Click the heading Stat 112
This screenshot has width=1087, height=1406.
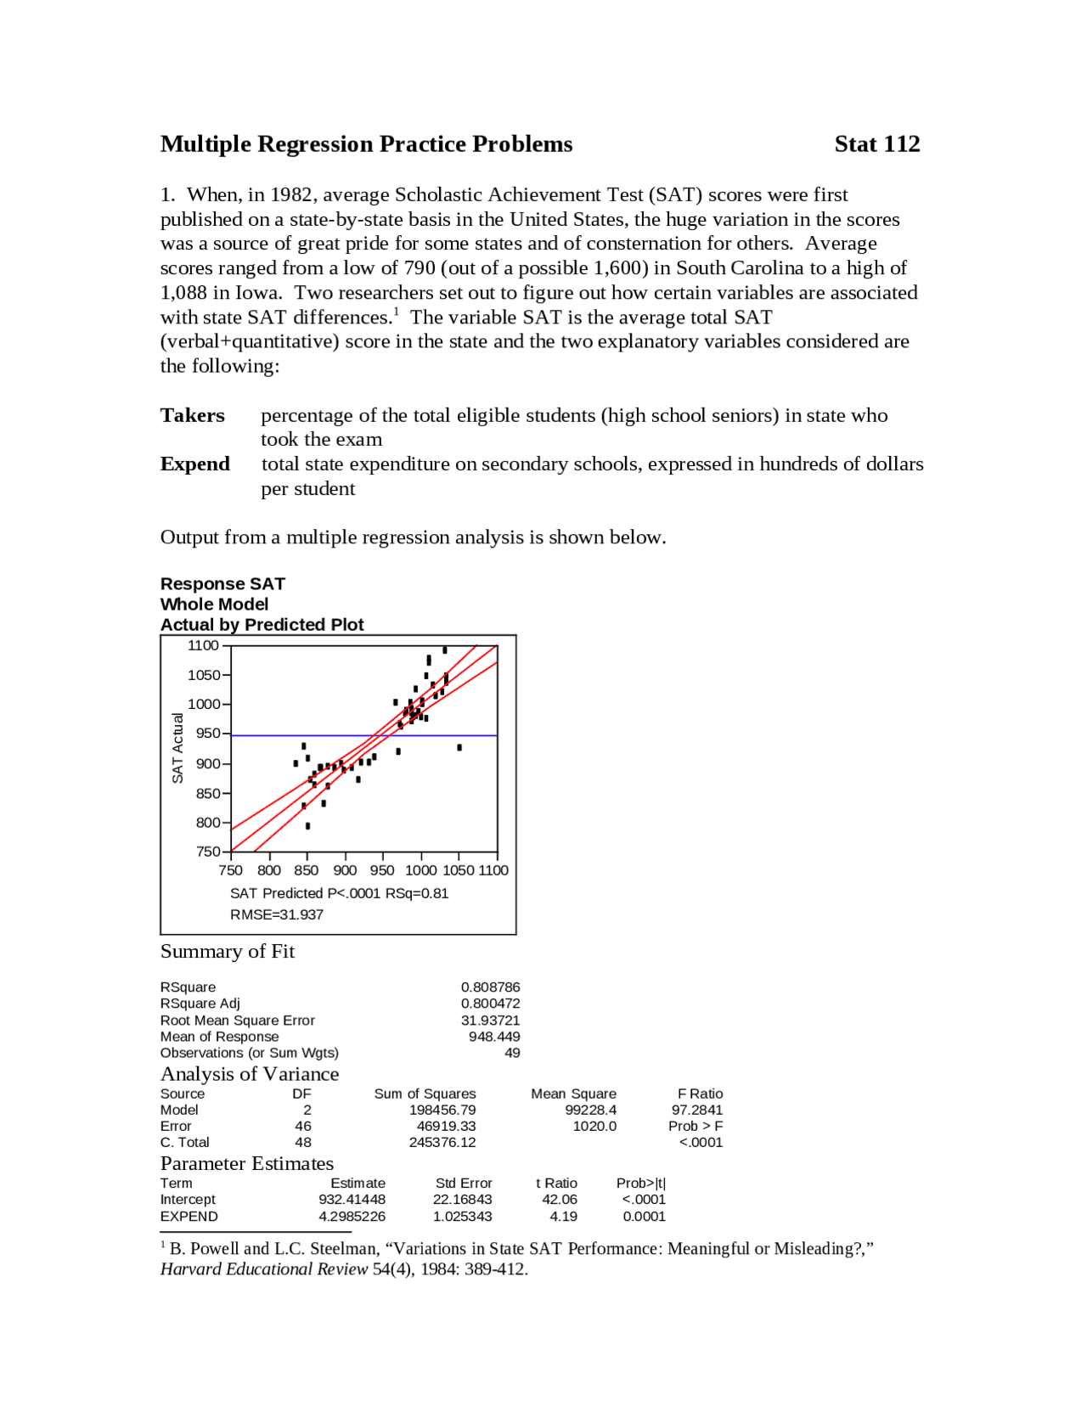click(x=876, y=144)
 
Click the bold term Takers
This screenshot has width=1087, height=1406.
click(x=193, y=416)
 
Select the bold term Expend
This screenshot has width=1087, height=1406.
click(x=195, y=464)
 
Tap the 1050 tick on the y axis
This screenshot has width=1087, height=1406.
click(x=204, y=675)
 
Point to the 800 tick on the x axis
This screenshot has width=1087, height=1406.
click(x=269, y=870)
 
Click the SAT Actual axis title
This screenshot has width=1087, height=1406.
click(x=177, y=748)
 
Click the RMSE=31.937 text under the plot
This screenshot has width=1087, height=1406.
click(x=277, y=914)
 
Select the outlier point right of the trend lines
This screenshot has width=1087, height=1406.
click(x=459, y=747)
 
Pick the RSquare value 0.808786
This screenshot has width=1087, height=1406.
click(x=490, y=987)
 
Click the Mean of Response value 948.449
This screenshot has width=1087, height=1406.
click(x=494, y=1036)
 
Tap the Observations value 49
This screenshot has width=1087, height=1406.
click(x=512, y=1053)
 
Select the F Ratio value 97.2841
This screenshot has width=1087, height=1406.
click(x=696, y=1110)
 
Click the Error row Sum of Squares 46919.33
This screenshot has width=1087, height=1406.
click(x=446, y=1126)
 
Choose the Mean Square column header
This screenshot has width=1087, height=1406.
click(x=573, y=1094)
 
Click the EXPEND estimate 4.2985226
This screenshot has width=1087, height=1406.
click(x=352, y=1216)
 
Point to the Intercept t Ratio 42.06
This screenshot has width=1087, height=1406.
click(x=560, y=1199)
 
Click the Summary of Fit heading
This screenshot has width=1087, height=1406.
click(x=228, y=952)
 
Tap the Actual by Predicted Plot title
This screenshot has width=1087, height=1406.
click(x=262, y=625)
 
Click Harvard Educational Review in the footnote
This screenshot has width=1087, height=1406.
click(x=264, y=1269)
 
